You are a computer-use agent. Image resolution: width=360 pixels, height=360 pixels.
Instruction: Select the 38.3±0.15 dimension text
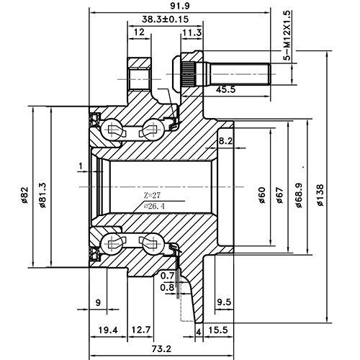(156, 20)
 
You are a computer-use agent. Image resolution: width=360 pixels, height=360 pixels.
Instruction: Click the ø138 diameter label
(320, 192)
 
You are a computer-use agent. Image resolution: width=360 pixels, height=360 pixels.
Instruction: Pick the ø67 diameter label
(280, 192)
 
